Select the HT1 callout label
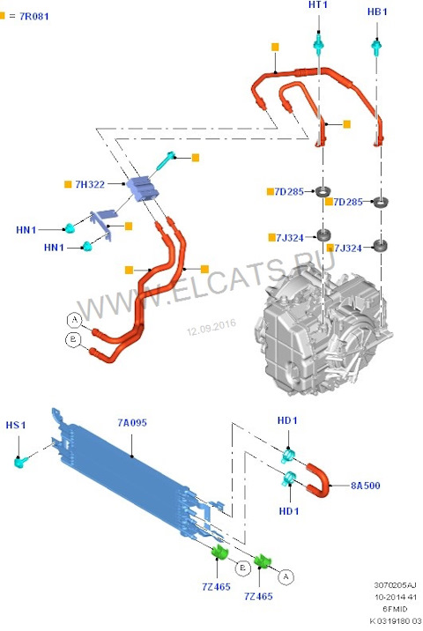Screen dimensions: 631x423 click(x=318, y=6)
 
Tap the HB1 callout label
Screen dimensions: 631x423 click(x=376, y=11)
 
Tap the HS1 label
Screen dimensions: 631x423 click(x=17, y=425)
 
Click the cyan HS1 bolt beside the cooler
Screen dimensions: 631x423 click(x=20, y=461)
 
